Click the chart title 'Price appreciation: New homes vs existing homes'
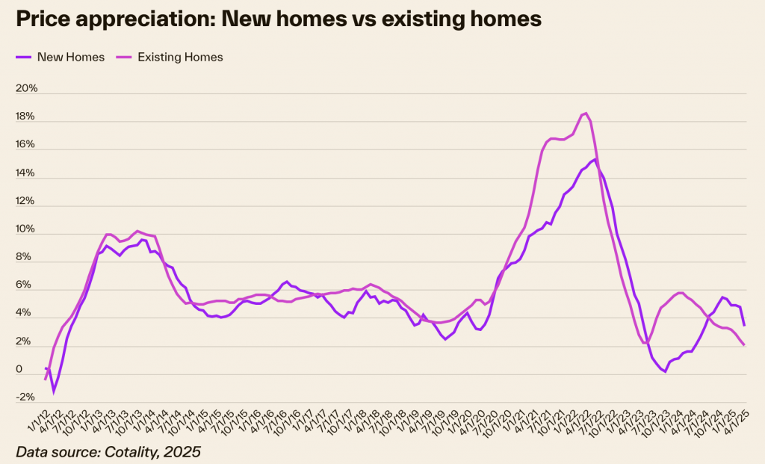pyautogui.click(x=277, y=19)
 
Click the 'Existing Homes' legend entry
pyautogui.click(x=179, y=57)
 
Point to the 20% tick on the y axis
pyautogui.click(x=26, y=89)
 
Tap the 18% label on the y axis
pyautogui.click(x=26, y=117)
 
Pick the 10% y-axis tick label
pyautogui.click(x=26, y=229)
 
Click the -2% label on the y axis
pyautogui.click(x=26, y=398)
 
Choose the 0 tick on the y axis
pyautogui.click(x=19, y=370)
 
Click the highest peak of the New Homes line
pyautogui.click(x=594, y=159)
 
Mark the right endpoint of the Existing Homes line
pyautogui.click(x=744, y=344)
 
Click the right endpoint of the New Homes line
pyautogui.click(x=744, y=325)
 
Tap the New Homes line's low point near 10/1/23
pyautogui.click(x=664, y=371)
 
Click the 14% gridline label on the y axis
pyautogui.click(x=26, y=173)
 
